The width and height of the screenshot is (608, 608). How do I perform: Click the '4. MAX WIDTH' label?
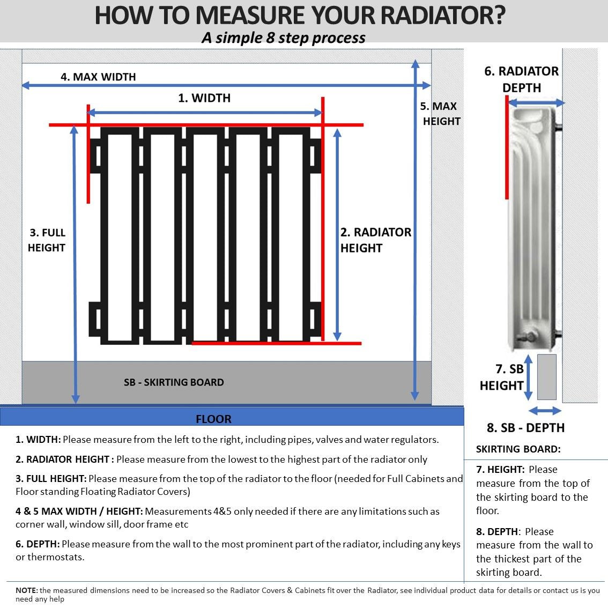pos(98,77)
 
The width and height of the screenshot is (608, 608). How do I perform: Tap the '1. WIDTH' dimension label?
pos(204,98)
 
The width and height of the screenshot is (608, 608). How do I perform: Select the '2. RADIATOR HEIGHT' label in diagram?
pos(376,240)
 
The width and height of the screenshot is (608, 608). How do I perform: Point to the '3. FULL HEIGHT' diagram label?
pos(47,240)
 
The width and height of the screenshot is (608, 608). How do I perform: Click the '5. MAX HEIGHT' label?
pos(440,114)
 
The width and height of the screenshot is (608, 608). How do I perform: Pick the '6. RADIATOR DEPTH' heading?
pos(521,79)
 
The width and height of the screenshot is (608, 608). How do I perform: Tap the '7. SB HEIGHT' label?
pos(502,377)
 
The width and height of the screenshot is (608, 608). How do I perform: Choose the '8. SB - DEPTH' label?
pos(525,428)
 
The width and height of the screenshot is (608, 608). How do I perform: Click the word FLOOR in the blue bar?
pos(213,419)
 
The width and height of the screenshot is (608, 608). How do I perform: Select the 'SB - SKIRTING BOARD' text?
pos(174,382)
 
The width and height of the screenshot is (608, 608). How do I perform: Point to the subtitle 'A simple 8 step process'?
pos(284,38)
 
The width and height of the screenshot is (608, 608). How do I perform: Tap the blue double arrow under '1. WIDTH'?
pos(204,113)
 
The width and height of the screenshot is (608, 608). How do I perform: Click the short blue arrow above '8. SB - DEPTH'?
pos(545,411)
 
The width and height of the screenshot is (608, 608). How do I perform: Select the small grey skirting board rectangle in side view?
pos(546,376)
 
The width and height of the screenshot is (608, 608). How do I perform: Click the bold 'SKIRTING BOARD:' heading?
pos(518,449)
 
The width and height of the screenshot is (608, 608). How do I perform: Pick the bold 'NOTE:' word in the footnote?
pos(27,590)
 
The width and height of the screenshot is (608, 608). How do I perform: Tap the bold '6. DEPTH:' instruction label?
pos(38,544)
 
